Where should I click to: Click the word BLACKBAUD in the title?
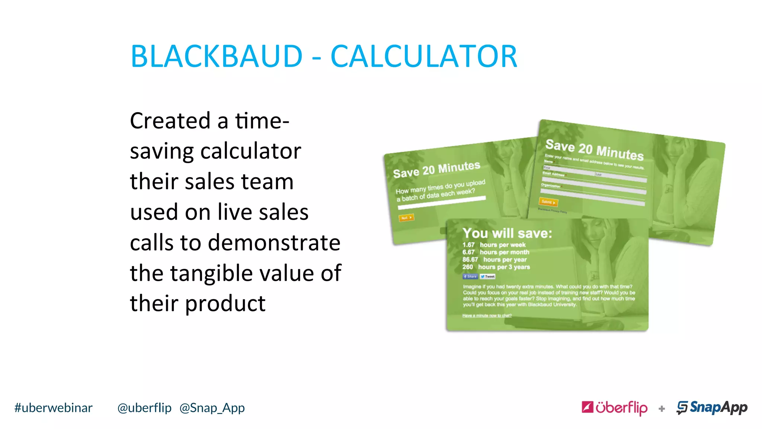coord(217,57)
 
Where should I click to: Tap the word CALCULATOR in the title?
coord(424,57)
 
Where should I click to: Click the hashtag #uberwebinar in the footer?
coord(53,408)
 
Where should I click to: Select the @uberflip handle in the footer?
coord(144,408)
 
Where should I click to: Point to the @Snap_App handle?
coord(212,408)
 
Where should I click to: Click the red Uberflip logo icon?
coord(587,407)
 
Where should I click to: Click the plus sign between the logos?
coord(662,409)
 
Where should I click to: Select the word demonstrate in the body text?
coord(274,243)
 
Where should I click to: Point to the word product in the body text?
coord(225,304)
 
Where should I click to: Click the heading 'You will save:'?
coord(507,233)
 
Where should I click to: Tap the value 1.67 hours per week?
coord(494,245)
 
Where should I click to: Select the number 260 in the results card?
coord(468,267)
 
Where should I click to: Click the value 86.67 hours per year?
coord(494,260)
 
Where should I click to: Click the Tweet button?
coord(488,276)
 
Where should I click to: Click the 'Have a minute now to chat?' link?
coord(487,315)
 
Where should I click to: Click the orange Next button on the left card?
coord(406,217)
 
